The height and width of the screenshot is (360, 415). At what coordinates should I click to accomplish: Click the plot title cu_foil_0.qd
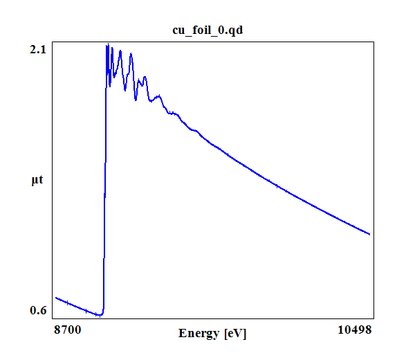tap(207, 30)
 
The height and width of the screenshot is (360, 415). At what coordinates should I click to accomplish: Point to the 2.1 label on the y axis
tap(38, 49)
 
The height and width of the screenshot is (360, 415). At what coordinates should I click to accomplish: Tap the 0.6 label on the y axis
tap(38, 310)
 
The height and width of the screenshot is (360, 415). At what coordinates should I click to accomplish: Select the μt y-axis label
tap(38, 181)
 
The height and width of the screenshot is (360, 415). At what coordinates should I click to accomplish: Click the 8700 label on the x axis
tap(67, 330)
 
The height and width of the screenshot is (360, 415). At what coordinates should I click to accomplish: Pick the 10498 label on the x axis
tap(355, 330)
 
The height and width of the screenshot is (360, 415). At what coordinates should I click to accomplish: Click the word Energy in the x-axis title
tap(199, 333)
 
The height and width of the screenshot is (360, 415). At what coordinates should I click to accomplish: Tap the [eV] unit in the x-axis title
tap(234, 333)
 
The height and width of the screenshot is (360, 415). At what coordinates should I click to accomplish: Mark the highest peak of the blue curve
tap(107, 45)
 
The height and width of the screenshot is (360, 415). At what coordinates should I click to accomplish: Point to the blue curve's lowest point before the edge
tap(100, 315)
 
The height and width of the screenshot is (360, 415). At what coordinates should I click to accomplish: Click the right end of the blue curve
tap(370, 234)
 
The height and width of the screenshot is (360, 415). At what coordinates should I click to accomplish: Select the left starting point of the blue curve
tap(55, 298)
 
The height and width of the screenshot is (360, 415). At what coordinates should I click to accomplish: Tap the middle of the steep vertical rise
tap(104, 180)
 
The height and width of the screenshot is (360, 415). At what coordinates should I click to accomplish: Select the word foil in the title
tap(202, 30)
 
